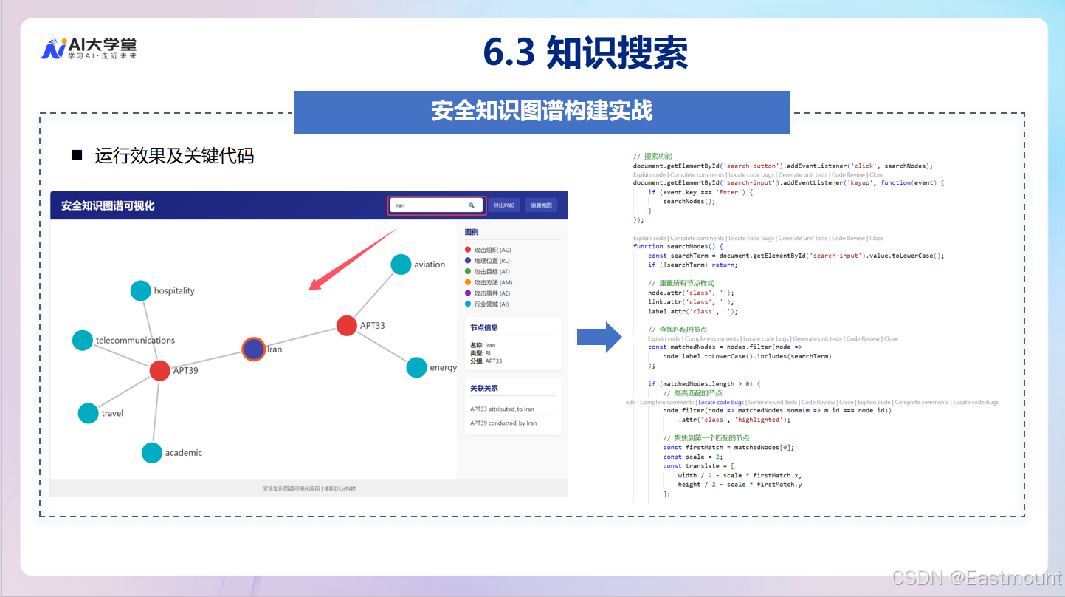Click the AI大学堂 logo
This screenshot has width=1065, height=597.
88,49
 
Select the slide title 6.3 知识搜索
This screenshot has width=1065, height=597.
585,53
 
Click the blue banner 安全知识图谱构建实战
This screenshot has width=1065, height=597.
541,112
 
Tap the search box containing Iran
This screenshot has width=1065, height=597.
435,205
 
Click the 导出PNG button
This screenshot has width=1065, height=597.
505,205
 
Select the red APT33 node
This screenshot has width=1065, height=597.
347,325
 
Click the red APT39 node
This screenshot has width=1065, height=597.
159,370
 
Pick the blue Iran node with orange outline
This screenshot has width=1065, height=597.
254,349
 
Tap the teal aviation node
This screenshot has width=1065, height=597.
401,265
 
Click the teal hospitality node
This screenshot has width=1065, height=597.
140,290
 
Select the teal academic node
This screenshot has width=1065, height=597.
151,452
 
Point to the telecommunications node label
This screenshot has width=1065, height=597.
135,341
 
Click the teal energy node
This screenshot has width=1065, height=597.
416,367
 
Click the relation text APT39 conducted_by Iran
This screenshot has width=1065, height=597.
503,423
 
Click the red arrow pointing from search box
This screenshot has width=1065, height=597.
354,259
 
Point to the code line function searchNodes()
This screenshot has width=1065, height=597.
678,246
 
